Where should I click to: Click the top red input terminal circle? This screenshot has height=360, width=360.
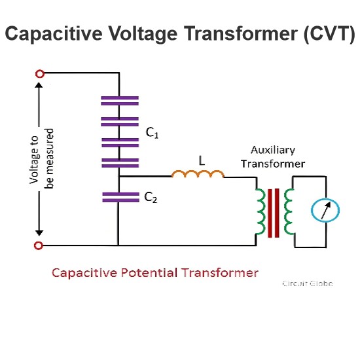pyautogui.click(x=40, y=74)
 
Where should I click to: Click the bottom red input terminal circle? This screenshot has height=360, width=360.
pyautogui.click(x=39, y=245)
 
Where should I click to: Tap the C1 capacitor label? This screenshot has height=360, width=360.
pyautogui.click(x=152, y=133)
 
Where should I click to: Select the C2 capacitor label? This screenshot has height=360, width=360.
pyautogui.click(x=151, y=197)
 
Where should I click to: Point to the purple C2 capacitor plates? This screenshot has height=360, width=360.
pyautogui.click(x=121, y=197)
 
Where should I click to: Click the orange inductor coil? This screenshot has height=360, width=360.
pyautogui.click(x=198, y=174)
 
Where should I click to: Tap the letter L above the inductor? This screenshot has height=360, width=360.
pyautogui.click(x=202, y=161)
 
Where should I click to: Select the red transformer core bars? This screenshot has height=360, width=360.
pyautogui.click(x=274, y=213)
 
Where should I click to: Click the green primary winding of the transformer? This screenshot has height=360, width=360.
pyautogui.click(x=261, y=211)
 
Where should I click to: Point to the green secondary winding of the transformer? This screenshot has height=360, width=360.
pyautogui.click(x=289, y=211)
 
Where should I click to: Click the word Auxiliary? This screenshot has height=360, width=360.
pyautogui.click(x=273, y=151)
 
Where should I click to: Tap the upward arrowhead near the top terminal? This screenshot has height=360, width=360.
pyautogui.click(x=39, y=85)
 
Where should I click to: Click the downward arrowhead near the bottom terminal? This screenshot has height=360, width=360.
pyautogui.click(x=39, y=233)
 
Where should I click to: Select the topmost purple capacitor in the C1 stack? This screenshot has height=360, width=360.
pyautogui.click(x=120, y=101)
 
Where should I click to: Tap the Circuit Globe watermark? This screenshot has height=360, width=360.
pyautogui.click(x=308, y=283)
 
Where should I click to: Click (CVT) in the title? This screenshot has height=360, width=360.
pyautogui.click(x=330, y=33)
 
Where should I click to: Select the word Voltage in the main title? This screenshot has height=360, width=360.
pyautogui.click(x=143, y=34)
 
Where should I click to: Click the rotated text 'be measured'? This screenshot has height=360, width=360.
pyautogui.click(x=49, y=158)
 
